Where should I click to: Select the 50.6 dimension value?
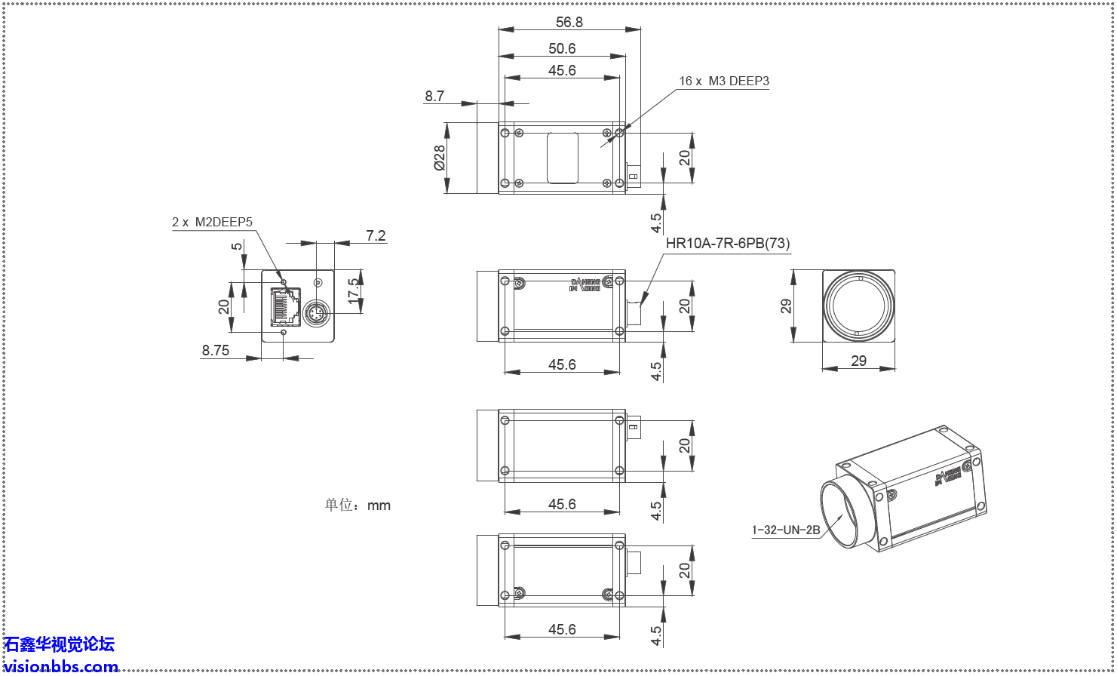[x=562, y=49]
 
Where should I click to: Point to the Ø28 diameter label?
[x=439, y=157]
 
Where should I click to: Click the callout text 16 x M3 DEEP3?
[x=723, y=81]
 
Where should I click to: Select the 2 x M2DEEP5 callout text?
[x=212, y=222]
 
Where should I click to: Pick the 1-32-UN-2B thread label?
[x=785, y=530]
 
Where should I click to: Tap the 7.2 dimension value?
[x=376, y=236]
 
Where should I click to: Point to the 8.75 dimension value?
[x=216, y=350]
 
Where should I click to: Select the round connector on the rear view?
[x=318, y=311]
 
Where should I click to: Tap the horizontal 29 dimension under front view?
[x=858, y=361]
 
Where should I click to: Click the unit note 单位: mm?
[x=358, y=505]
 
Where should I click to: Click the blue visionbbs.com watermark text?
[x=60, y=666]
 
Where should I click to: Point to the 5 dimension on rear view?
[x=236, y=247]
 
